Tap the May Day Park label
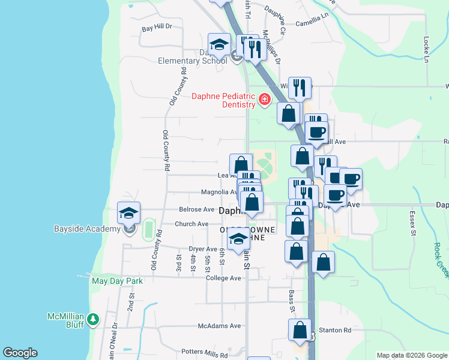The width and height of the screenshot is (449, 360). pos(117,280)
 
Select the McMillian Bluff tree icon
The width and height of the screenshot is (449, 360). pos(92,320)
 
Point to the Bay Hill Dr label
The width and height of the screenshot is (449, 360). pos(157,27)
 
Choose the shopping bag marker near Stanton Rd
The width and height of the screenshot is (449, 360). pos(300,331)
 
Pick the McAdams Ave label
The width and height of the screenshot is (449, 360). pos(219,326)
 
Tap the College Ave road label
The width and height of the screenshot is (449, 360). pos(223,278)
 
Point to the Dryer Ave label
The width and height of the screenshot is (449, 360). pos(203,249)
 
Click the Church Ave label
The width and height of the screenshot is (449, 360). pos(191,224)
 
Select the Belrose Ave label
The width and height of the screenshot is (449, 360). pos(196,210)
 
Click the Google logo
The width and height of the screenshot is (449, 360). pos(20,353)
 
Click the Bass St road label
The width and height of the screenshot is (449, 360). pos(292,301)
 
